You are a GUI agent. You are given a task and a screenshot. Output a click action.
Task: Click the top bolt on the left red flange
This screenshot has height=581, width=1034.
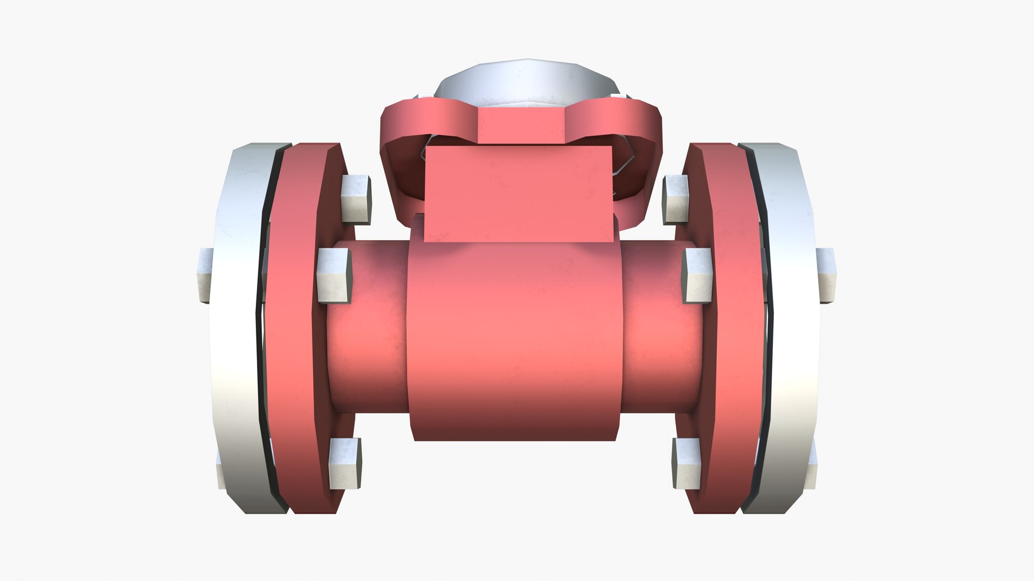[x=355, y=199]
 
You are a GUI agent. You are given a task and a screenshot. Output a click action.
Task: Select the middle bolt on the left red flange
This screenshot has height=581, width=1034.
[x=334, y=275]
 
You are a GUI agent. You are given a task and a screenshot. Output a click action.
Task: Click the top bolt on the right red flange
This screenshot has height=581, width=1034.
[x=676, y=199]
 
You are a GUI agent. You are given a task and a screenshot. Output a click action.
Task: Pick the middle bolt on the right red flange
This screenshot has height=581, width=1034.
[x=697, y=275]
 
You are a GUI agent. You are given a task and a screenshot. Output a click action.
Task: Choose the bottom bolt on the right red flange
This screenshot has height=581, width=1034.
[x=687, y=463]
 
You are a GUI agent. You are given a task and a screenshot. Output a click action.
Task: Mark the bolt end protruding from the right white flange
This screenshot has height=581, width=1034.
[x=826, y=275]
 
